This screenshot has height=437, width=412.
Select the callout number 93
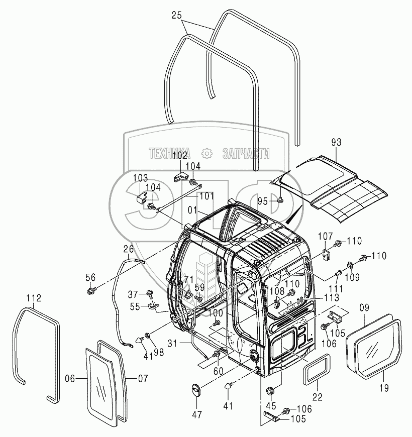pyautogui.click(x=336, y=143)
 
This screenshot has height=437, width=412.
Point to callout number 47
pyautogui.click(x=196, y=415)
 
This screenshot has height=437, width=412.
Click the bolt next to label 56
pyautogui.click(x=92, y=290)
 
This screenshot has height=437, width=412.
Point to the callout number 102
pyautogui.click(x=180, y=156)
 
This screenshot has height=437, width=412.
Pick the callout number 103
pyautogui.click(x=140, y=178)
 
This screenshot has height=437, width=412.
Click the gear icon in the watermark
pyautogui.click(x=207, y=153)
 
